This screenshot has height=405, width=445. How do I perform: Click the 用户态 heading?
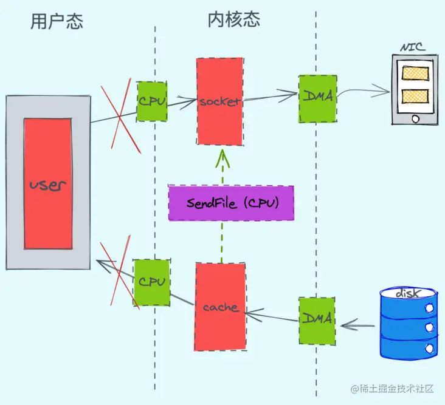[57, 21]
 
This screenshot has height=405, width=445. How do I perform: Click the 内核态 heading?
[234, 19]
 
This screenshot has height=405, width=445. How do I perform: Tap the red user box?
[48, 183]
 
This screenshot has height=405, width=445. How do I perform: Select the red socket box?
[220, 101]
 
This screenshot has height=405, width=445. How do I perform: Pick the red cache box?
[220, 307]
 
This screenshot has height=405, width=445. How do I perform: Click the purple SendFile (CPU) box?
[231, 203]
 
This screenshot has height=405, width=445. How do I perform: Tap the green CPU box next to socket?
[152, 101]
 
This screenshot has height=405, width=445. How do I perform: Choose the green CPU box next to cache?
[152, 282]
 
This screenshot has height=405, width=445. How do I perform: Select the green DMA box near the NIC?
[318, 98]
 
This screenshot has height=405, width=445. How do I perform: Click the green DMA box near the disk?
[317, 321]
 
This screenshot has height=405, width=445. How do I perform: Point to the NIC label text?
[413, 47]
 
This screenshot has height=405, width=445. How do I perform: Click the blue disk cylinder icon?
[409, 324]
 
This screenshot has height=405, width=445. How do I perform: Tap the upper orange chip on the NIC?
[415, 73]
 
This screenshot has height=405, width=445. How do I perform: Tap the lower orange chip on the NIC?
[415, 96]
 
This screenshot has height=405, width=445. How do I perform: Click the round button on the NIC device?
[415, 118]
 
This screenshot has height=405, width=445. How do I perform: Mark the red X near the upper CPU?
[120, 116]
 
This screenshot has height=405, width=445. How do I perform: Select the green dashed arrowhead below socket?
[222, 158]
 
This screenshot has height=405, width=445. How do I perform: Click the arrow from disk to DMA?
[357, 325]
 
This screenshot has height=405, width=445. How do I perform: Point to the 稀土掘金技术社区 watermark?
[392, 389]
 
